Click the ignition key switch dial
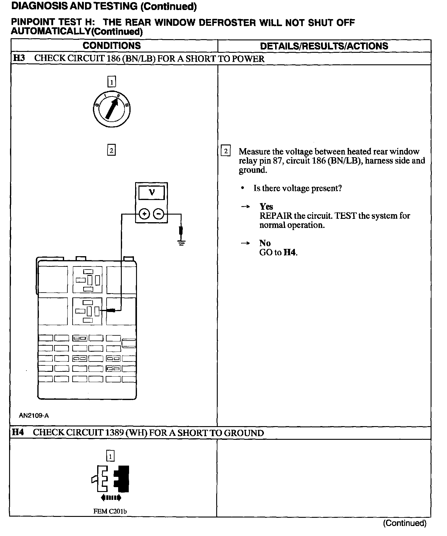112,109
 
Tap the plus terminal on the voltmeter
145,214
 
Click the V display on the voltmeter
152,192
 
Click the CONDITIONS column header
112,46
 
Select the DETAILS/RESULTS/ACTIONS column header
324,46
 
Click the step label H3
19,58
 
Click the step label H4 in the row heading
18,433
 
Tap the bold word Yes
266,207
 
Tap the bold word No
265,243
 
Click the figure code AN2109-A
34,416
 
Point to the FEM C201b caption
110,511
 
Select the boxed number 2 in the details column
226,151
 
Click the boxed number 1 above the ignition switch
112,82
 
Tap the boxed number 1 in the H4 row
110,456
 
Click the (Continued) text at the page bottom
404,523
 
